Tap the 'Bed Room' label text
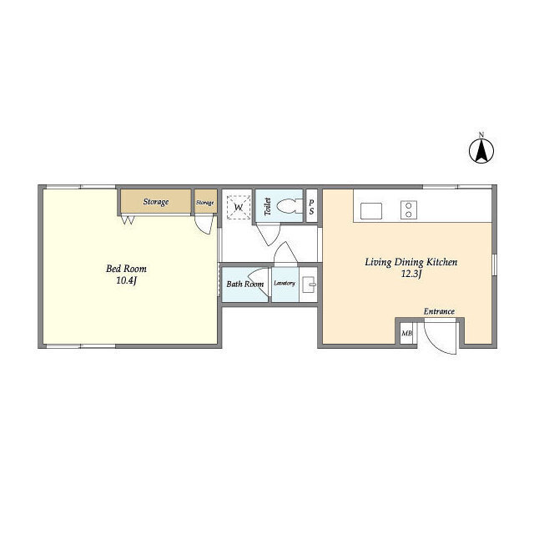[126, 269]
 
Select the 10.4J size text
[126, 281]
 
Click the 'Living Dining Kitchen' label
[411, 262]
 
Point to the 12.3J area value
[411, 275]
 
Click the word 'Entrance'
[439, 311]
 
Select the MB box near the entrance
[406, 333]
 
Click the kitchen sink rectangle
[370, 211]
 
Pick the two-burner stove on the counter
[409, 209]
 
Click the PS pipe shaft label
[311, 207]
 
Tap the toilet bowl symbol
[290, 206]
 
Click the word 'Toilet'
[268, 206]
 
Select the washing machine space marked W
[239, 207]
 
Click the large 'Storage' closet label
[156, 202]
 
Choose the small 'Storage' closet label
[205, 203]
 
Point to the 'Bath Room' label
[244, 284]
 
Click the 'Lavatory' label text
[285, 283]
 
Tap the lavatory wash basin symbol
[309, 285]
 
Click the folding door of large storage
[128, 219]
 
